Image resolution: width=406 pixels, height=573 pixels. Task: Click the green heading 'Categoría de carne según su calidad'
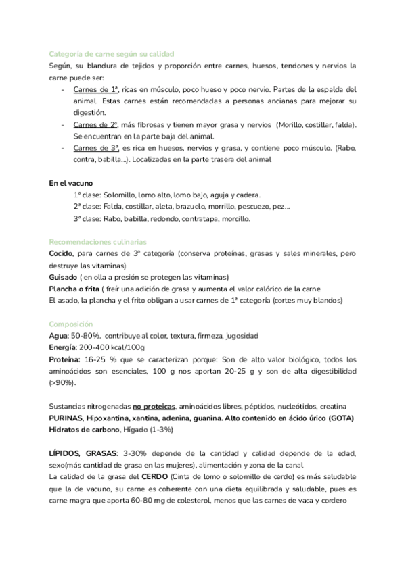point(112,53)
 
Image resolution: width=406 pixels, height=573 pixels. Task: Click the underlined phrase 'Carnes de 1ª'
point(95,89)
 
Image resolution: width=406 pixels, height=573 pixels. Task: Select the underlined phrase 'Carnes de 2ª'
point(95,125)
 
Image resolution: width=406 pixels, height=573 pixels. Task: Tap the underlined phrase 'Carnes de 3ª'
point(95,148)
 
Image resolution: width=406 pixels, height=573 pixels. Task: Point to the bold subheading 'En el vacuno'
point(70,183)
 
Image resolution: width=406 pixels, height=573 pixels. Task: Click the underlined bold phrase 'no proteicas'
point(154,406)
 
